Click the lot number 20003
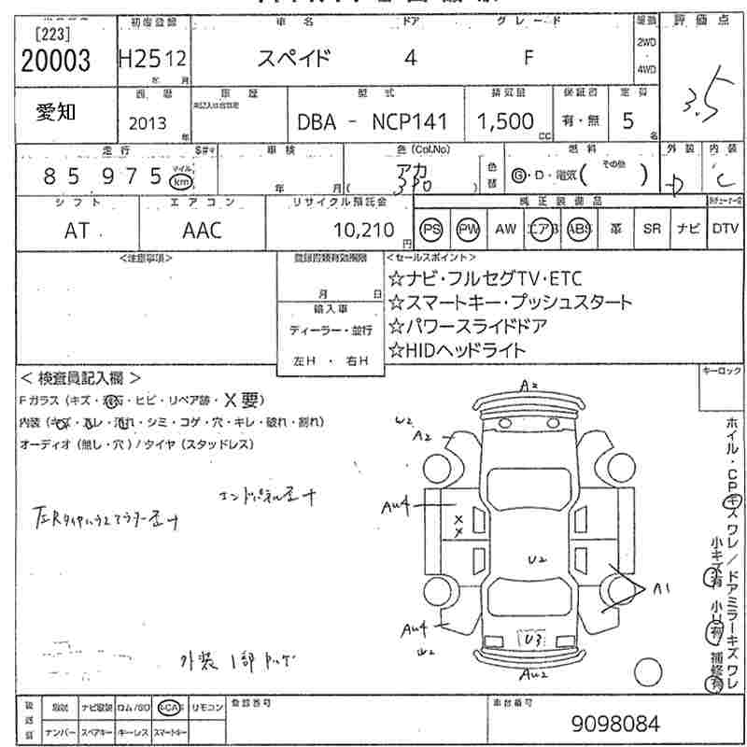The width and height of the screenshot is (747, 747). pyautogui.click(x=55, y=60)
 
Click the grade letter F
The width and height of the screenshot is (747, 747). pyautogui.click(x=529, y=58)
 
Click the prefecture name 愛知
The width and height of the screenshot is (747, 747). pyautogui.click(x=56, y=113)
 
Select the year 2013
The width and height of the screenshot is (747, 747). pyautogui.click(x=148, y=122)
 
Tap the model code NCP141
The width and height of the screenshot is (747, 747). pyautogui.click(x=410, y=122)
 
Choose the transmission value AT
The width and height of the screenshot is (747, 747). pyautogui.click(x=78, y=230)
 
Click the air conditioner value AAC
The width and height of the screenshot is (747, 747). pyautogui.click(x=203, y=230)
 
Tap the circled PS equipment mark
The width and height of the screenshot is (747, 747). pyautogui.click(x=431, y=229)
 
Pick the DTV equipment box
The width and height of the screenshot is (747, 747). pyautogui.click(x=725, y=229)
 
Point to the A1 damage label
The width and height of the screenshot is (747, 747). pyautogui.click(x=662, y=588)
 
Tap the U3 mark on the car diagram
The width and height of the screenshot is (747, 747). pyautogui.click(x=534, y=641)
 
